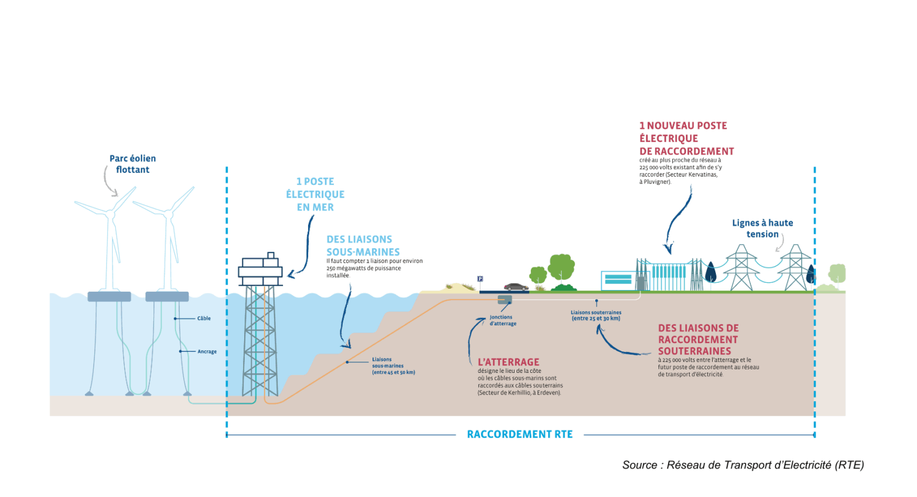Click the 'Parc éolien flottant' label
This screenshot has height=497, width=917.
coord(133,164)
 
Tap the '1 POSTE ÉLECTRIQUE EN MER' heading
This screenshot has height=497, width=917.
coord(315,195)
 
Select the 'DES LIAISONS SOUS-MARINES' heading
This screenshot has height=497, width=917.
coord(363,246)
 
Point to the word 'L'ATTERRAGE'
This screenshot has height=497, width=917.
coord(509,362)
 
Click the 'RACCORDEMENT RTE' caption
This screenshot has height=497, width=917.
coord(519,434)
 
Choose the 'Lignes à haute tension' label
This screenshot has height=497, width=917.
coord(762,229)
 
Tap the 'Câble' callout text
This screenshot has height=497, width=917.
coord(204,319)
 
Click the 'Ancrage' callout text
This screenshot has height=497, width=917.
coord(207,352)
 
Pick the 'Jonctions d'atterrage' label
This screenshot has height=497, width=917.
coord(503,320)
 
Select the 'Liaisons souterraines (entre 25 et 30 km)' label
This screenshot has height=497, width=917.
coord(596,316)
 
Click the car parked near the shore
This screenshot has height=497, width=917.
coord(516,287)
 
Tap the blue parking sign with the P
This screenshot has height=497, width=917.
coord(480,279)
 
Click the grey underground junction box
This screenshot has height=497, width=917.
coord(505,300)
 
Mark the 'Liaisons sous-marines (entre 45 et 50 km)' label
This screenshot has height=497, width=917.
coord(393,366)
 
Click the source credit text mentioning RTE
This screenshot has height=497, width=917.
coord(743,465)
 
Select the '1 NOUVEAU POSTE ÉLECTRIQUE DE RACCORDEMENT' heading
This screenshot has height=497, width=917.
coord(687,138)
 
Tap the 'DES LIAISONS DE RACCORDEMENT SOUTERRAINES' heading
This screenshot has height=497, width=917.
coord(698,339)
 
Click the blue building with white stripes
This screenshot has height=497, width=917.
coord(617,279)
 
